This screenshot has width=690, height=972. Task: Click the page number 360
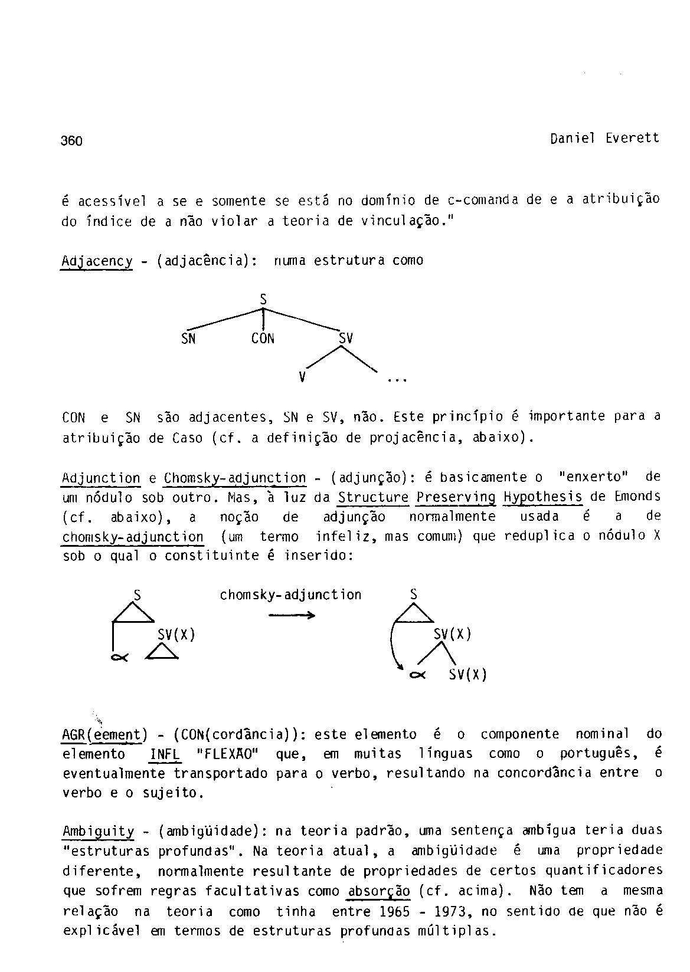click(71, 141)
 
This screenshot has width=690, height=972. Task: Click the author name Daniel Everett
click(604, 139)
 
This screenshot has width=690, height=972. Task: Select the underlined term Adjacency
click(97, 261)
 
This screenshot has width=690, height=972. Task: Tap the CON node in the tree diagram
click(263, 339)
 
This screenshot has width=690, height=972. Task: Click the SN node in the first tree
click(188, 339)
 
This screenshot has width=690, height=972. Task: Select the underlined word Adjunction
click(101, 478)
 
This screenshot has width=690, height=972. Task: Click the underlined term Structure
click(373, 498)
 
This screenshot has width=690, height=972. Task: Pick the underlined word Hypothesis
click(543, 498)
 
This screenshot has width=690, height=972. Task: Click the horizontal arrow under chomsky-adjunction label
click(292, 615)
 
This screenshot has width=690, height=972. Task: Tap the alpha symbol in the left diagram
click(116, 658)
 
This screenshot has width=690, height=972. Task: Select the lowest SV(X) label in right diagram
click(467, 674)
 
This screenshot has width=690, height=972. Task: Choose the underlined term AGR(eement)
click(104, 735)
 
